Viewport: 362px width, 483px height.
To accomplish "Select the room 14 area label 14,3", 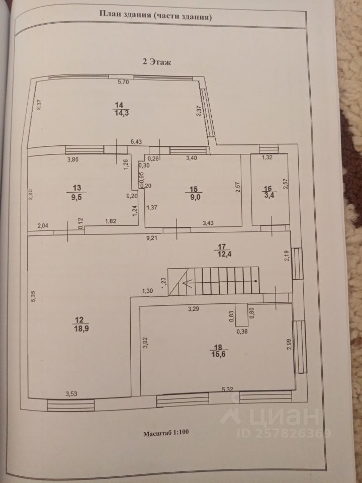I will pyautogui.click(x=119, y=109).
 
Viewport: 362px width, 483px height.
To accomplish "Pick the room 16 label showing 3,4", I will pyautogui.click(x=268, y=193).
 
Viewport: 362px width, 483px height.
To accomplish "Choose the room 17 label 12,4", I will pyautogui.click(x=223, y=250).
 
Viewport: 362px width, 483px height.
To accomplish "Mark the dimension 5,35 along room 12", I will pyautogui.click(x=32, y=297).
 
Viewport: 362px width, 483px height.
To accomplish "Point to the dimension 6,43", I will pyautogui.click(x=136, y=143).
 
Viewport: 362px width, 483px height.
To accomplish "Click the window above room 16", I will pyautogui.click(x=268, y=147).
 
